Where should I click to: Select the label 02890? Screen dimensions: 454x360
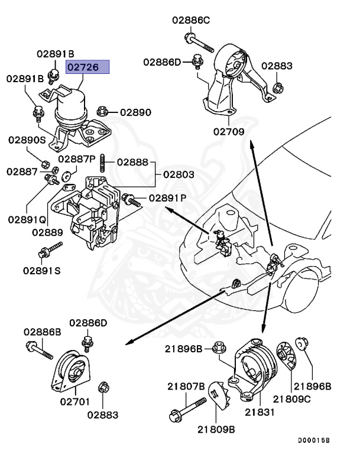click(x=135, y=112)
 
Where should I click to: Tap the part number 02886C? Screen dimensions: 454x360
click(x=191, y=20)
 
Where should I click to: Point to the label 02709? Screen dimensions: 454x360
click(x=229, y=132)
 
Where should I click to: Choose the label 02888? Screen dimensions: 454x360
click(x=132, y=161)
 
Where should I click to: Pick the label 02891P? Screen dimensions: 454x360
click(x=167, y=198)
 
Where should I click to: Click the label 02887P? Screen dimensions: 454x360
click(x=77, y=159)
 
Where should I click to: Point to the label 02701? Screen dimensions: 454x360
click(x=74, y=401)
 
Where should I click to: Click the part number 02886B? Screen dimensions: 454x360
click(x=43, y=332)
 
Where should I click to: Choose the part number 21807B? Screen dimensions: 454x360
click(x=186, y=387)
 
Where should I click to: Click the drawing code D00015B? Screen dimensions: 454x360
click(x=313, y=440)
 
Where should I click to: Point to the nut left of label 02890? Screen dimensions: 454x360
click(x=102, y=110)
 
